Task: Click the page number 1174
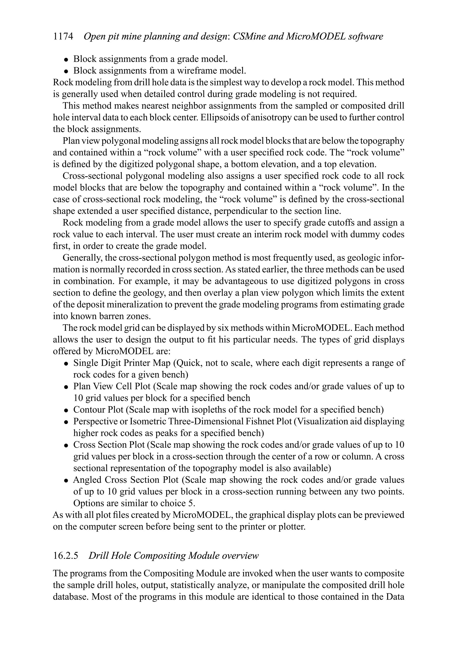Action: [x=63, y=37]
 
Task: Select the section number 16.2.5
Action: [x=66, y=555]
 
